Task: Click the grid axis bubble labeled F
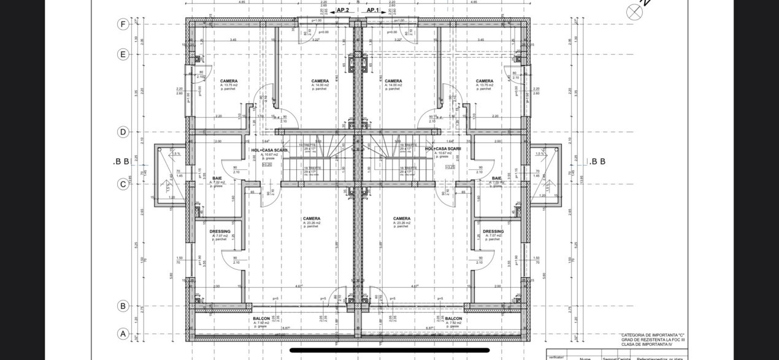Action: coord(123,25)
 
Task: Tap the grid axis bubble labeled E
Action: coord(123,54)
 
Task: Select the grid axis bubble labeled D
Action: coord(123,132)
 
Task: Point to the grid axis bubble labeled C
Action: coord(123,183)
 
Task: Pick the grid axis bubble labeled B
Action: coord(123,305)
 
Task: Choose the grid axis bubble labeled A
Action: coord(123,334)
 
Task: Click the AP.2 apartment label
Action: coord(342,10)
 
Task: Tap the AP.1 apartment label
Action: coord(374,10)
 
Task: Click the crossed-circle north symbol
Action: coord(633,12)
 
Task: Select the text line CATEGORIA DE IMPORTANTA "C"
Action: coord(652,335)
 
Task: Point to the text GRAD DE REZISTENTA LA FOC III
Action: coord(652,340)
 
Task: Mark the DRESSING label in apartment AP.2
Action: coord(220,231)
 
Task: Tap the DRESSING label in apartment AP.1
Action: coord(493,231)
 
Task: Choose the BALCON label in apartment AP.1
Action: coord(453,319)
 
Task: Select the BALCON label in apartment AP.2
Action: coord(261,319)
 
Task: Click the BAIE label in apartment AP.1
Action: coord(496,178)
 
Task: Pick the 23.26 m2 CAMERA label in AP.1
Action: coord(402,218)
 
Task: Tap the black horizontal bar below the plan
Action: coord(389,351)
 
